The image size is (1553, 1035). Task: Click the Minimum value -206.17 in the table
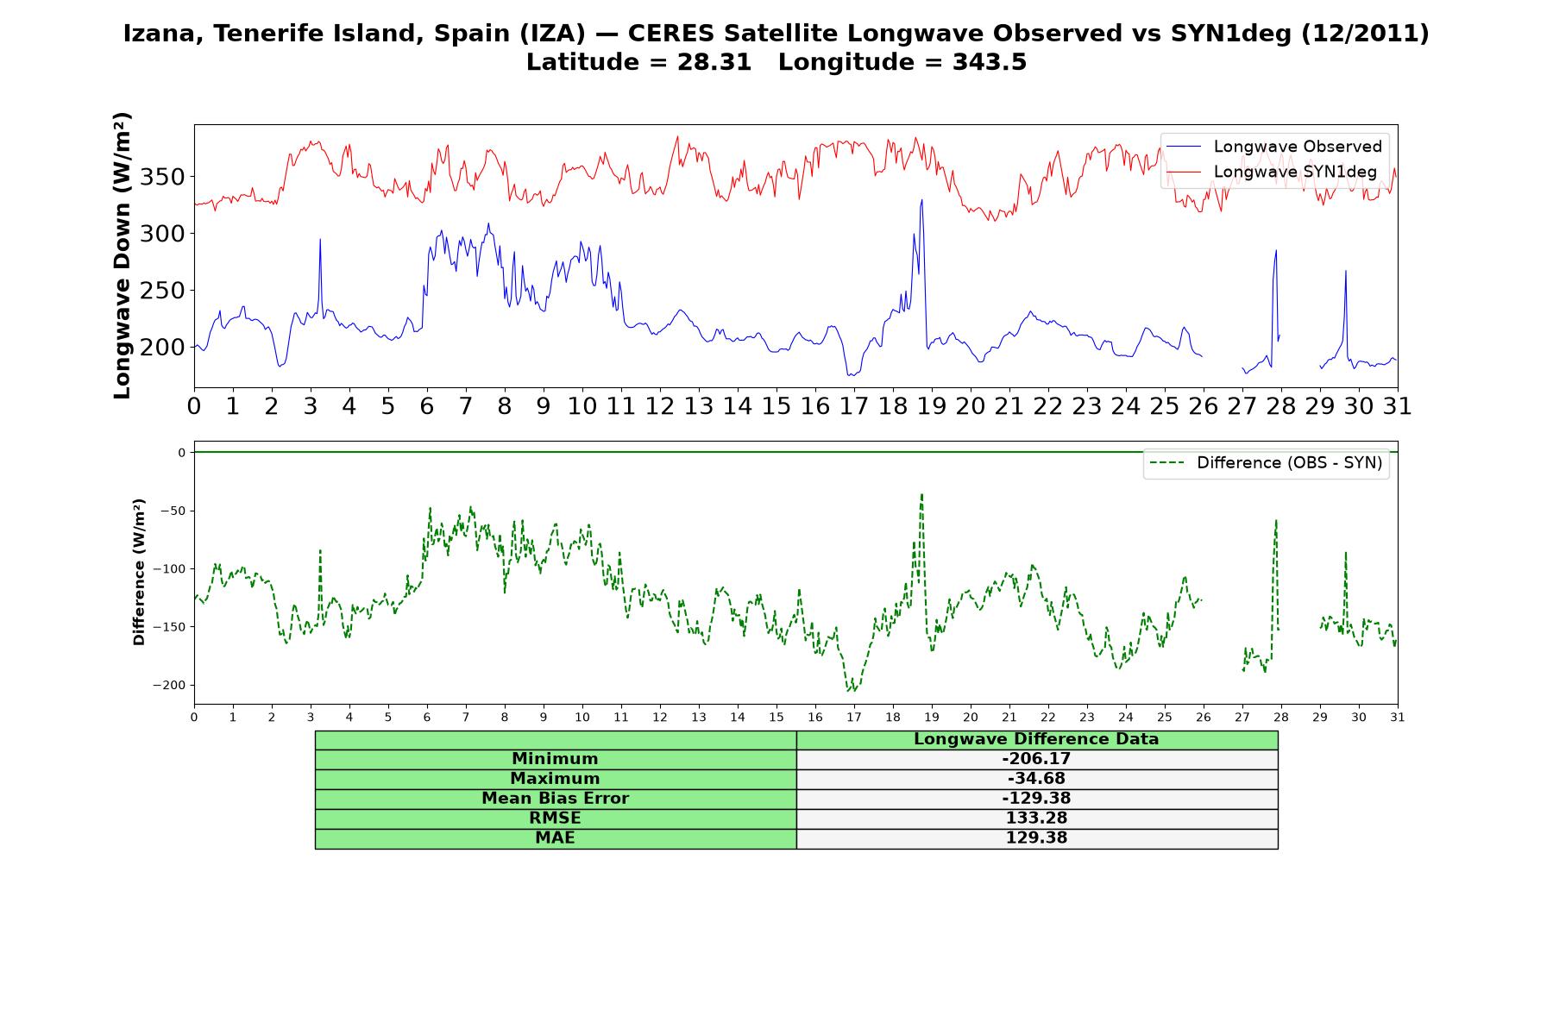[x=1036, y=759]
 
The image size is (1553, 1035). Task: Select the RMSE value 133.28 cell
[x=1036, y=819]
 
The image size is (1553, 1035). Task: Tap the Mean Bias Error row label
[x=555, y=799]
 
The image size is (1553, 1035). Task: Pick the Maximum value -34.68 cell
[x=1036, y=779]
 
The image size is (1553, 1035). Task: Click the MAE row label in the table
[x=555, y=838]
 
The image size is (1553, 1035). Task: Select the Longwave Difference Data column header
[x=1036, y=739]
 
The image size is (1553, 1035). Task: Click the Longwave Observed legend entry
[x=1274, y=147]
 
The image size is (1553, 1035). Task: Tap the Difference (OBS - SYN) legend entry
[x=1267, y=463]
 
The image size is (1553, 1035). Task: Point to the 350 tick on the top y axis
[x=164, y=178]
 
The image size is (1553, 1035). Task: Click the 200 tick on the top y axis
[x=164, y=348]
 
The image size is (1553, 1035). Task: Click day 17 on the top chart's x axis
[x=853, y=406]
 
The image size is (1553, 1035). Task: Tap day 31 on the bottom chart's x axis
[x=1398, y=718]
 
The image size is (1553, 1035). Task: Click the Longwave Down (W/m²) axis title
[x=123, y=255]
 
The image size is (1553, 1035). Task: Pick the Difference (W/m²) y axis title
[x=139, y=572]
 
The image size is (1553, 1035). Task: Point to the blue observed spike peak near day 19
[x=921, y=200]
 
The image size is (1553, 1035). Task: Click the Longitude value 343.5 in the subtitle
[x=990, y=62]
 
